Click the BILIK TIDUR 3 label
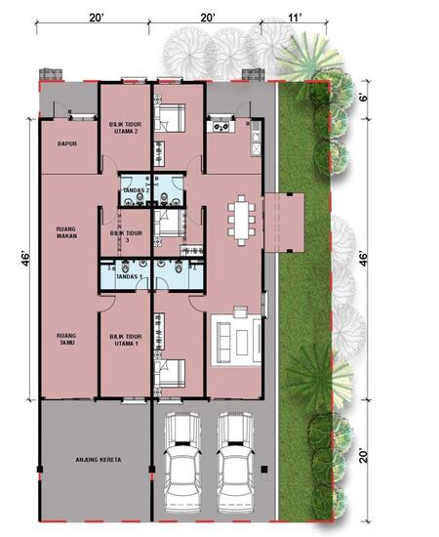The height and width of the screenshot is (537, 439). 126,237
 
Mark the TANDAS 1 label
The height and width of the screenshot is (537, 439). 130,278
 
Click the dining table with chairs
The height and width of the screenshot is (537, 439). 241,219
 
